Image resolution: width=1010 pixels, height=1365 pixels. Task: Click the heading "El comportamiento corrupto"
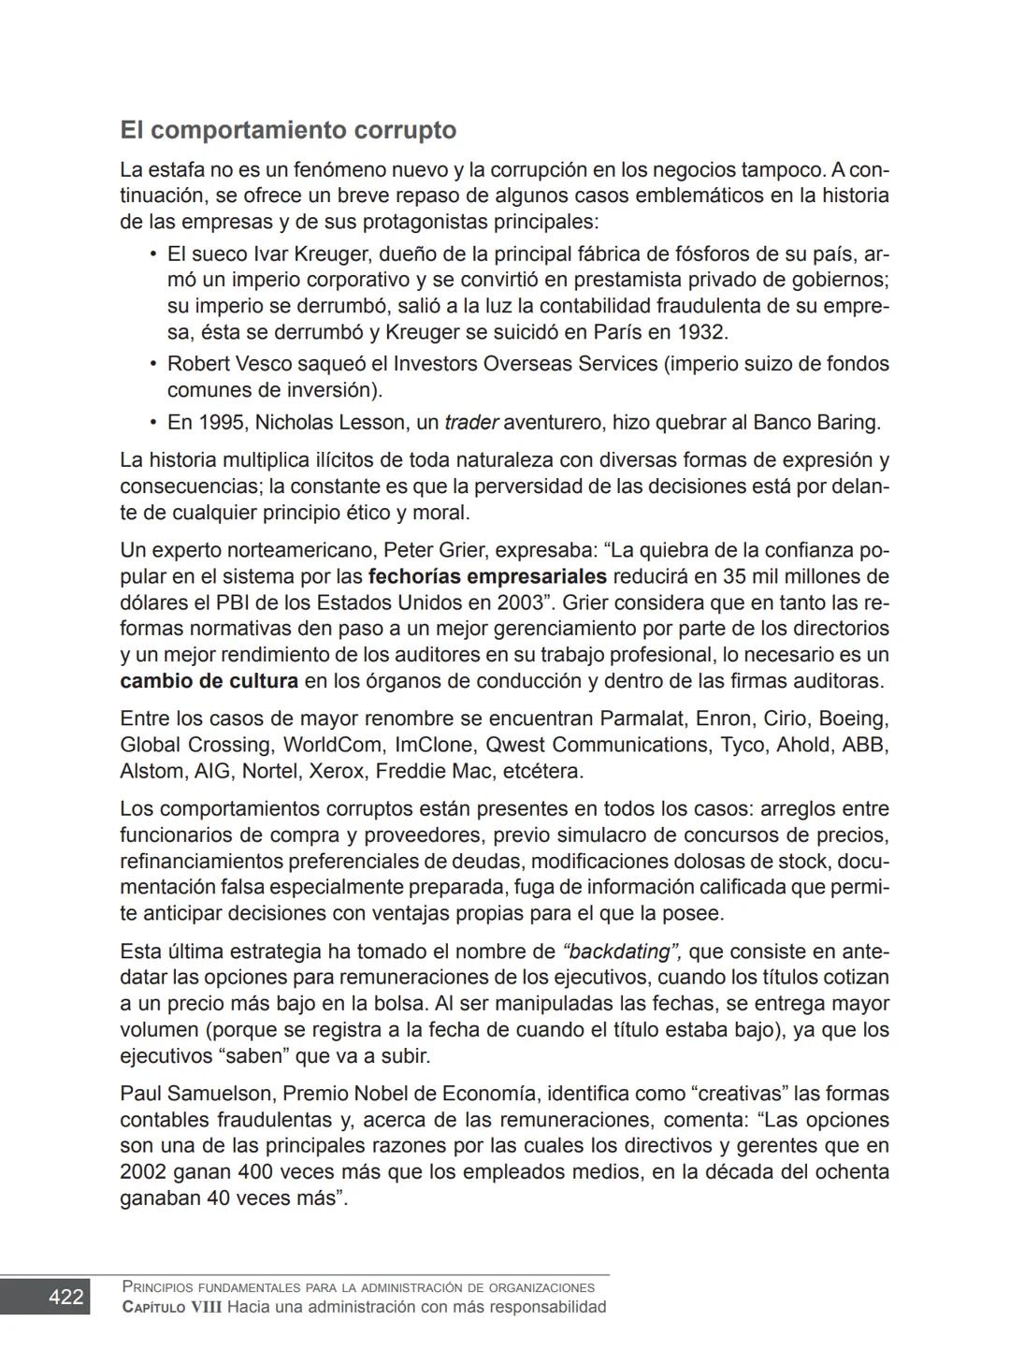(288, 130)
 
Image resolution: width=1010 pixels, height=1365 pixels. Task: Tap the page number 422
(65, 1297)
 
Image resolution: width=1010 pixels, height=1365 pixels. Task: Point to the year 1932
(701, 332)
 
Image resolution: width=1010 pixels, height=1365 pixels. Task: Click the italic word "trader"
(472, 423)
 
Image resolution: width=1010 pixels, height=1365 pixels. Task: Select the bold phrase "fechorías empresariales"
(487, 576)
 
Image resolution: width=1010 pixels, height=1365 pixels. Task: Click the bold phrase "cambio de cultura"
(209, 681)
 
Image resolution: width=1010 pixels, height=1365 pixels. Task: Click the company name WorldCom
(333, 746)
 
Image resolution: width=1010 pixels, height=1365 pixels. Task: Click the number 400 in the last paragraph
(256, 1172)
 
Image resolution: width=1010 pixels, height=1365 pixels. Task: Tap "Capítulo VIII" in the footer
(172, 1307)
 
